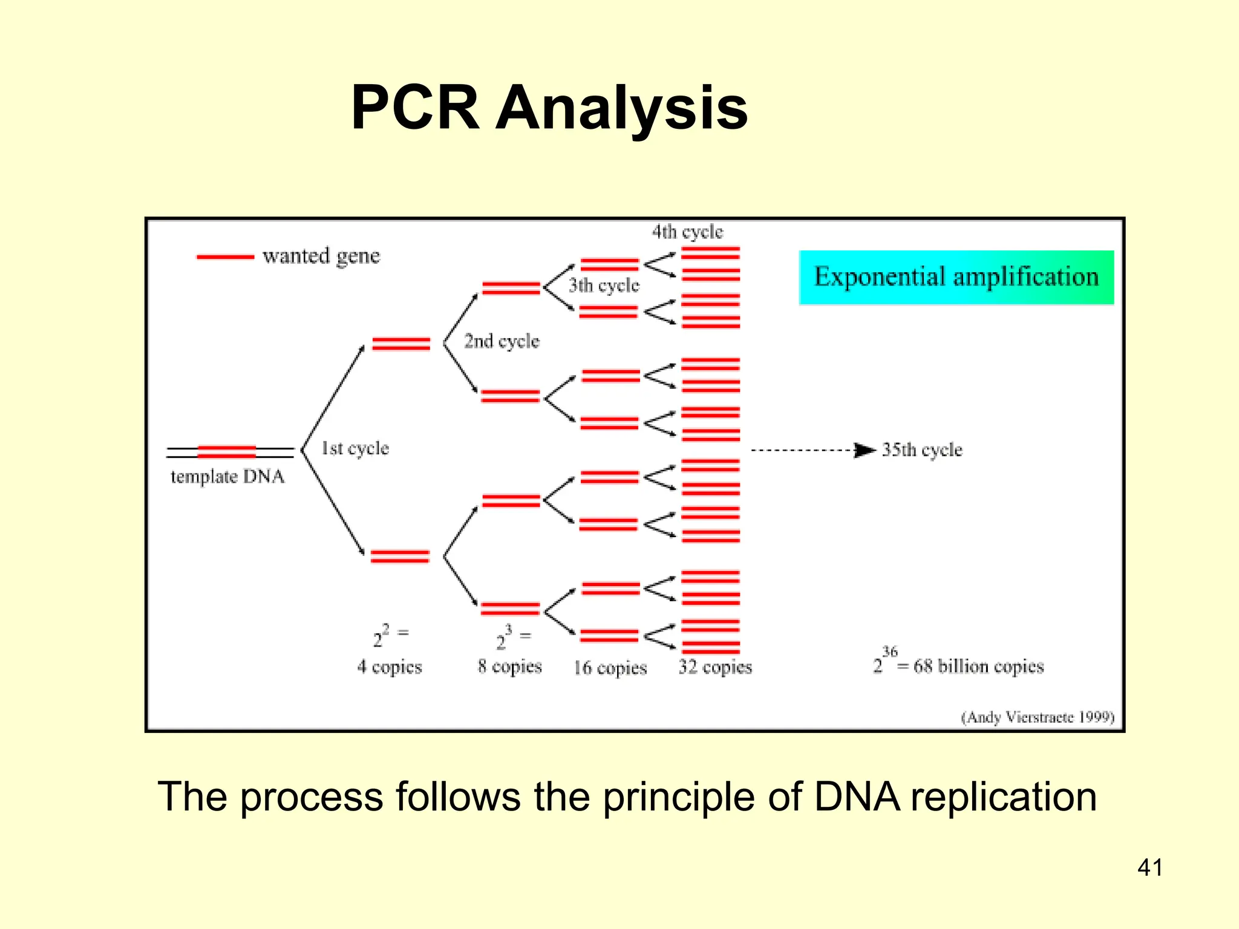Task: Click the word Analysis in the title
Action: tap(621, 108)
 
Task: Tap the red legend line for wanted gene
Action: tap(225, 257)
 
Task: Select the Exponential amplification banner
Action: tap(956, 277)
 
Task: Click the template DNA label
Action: tap(227, 477)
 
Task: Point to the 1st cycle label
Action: tap(355, 448)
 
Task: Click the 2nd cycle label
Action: tap(502, 341)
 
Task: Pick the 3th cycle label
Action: tap(604, 285)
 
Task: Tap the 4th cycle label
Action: tap(687, 232)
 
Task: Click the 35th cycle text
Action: tap(921, 450)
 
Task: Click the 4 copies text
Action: tap(389, 667)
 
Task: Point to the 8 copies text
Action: tap(509, 667)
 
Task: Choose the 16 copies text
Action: tap(610, 668)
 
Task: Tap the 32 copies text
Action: tap(715, 667)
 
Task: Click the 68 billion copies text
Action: tap(978, 667)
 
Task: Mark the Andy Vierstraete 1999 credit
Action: tap(1038, 717)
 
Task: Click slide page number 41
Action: tap(1149, 867)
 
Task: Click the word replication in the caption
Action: tap(1003, 797)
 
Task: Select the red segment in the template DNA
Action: tap(227, 452)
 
